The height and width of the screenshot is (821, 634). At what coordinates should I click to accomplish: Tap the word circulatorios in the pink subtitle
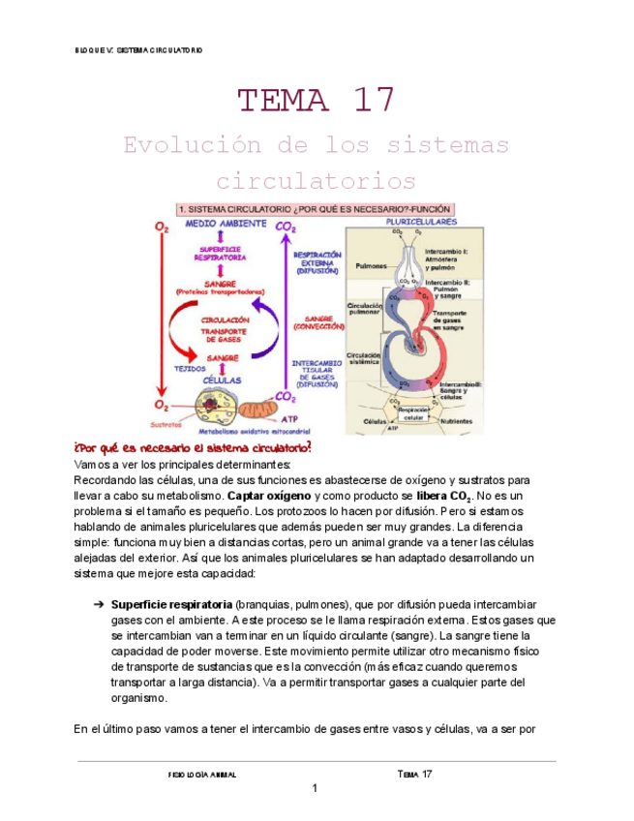tap(316, 180)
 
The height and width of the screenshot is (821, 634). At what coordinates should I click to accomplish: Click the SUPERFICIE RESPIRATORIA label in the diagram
tap(219, 254)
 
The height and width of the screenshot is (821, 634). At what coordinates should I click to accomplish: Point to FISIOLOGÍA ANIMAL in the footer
tap(202, 775)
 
